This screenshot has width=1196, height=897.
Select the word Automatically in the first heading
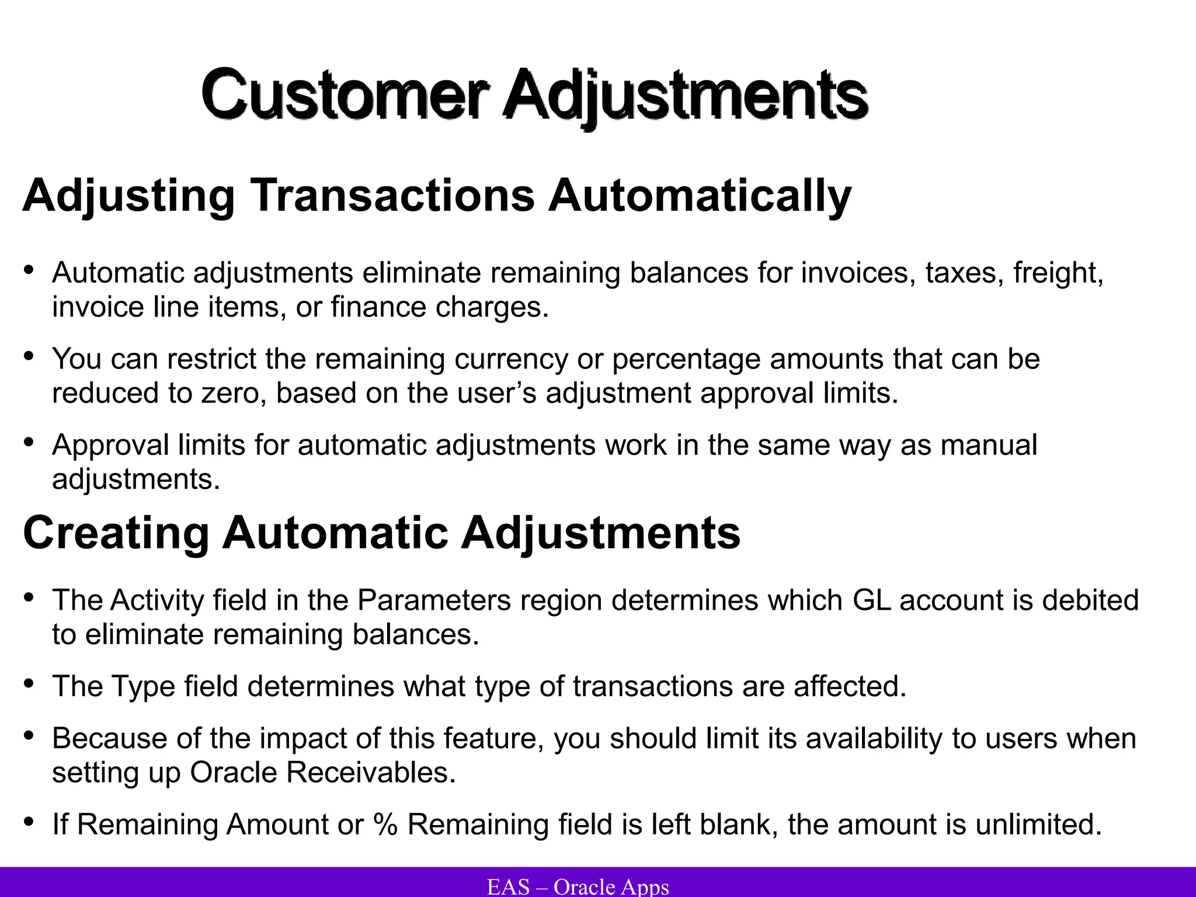pos(699,196)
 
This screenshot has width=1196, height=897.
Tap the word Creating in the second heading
pos(116,533)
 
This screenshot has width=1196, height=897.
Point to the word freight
pos(1058,273)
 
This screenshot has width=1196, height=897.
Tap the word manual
pos(989,445)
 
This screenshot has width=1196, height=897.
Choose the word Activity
pos(157,600)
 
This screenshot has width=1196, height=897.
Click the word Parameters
pos(434,600)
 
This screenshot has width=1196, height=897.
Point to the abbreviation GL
pos(871,600)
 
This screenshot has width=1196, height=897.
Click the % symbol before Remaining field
pos(385,825)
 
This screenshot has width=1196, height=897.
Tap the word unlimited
pos(1038,825)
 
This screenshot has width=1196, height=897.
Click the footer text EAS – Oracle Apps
pos(578,886)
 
